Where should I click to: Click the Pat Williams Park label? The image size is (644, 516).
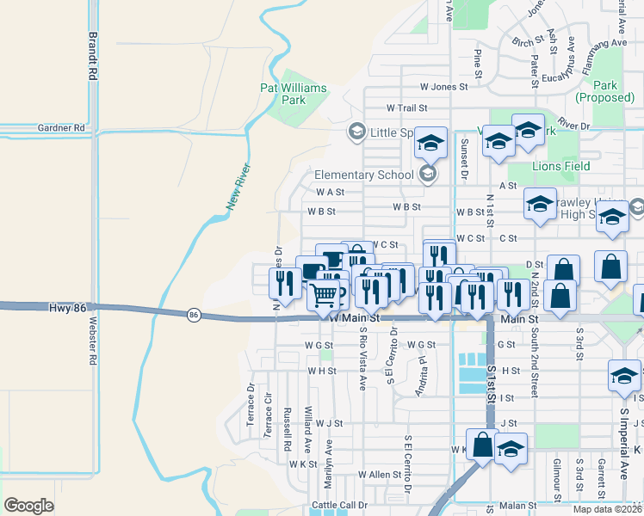[x=294, y=94]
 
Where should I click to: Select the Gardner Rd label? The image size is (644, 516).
[x=61, y=128]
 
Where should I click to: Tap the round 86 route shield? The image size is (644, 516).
[x=194, y=316]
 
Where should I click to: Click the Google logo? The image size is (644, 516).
[x=29, y=506]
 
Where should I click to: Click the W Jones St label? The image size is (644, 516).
[x=443, y=87]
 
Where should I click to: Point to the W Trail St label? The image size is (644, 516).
[x=407, y=108]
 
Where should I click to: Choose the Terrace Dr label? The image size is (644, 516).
[x=251, y=406]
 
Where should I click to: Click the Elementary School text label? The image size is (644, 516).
[x=364, y=175]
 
